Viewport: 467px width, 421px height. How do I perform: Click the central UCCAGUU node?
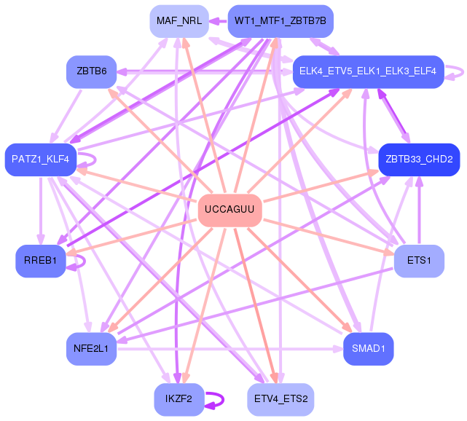click(229, 210)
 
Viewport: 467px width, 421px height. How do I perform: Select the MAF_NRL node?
click(178, 21)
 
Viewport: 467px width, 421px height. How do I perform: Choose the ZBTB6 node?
click(91, 71)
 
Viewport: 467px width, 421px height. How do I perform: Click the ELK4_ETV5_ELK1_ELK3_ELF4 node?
click(368, 71)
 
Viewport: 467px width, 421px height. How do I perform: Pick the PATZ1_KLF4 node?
click(40, 159)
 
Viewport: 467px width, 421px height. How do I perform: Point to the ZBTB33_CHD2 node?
click(419, 159)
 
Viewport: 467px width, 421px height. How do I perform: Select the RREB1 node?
click(40, 261)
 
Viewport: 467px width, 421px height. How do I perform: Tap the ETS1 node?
click(419, 261)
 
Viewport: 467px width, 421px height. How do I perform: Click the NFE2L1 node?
click(91, 348)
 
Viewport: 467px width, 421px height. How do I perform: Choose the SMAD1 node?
click(368, 348)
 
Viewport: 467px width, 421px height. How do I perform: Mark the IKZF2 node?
click(178, 399)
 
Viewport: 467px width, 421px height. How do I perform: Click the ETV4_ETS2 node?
click(280, 399)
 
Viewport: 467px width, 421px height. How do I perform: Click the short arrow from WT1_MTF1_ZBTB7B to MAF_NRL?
click(218, 21)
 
